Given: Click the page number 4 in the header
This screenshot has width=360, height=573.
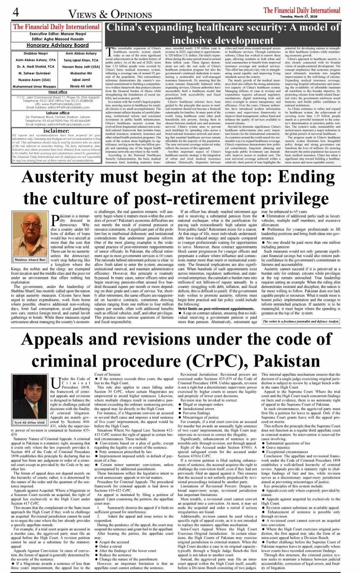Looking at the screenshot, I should coord(16,12).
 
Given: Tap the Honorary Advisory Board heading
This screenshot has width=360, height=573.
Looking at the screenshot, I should coord(58,45).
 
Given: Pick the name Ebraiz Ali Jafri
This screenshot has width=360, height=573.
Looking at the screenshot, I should coord(81,86).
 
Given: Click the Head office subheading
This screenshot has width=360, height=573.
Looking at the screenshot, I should coord(58,92).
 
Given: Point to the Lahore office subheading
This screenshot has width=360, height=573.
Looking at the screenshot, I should coord(58,113).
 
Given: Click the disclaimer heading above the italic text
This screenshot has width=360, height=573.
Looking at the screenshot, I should coord(57,130).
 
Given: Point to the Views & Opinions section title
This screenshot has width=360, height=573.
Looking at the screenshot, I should coord(110,14).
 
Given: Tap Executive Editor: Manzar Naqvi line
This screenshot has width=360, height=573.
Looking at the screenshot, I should coord(57,34).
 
